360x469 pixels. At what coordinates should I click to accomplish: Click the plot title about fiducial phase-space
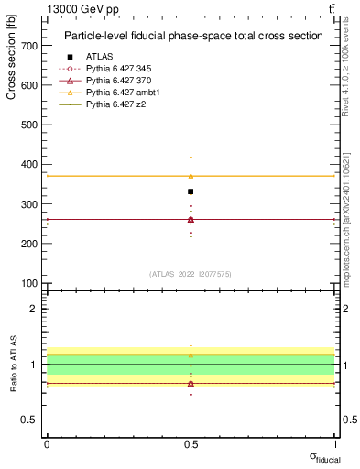pos(193,37)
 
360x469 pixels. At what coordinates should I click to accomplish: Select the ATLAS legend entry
pos(99,57)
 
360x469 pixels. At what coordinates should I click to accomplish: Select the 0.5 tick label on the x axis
pos(191,443)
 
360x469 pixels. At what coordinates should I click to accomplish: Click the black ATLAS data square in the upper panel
pos(191,191)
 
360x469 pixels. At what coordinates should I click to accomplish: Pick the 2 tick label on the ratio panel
pos(33,309)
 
